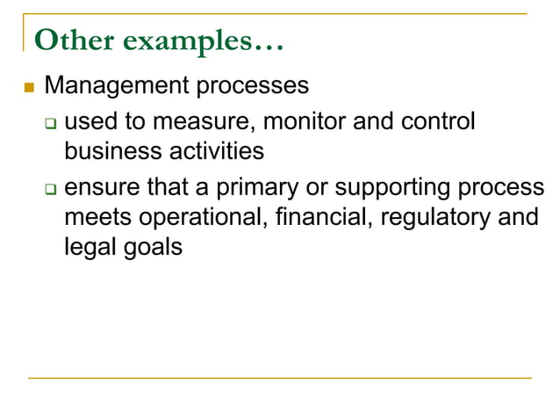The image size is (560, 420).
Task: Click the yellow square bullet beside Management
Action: (28, 87)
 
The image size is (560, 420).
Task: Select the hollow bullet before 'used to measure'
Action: (51, 121)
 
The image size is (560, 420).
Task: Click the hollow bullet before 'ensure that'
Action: (51, 188)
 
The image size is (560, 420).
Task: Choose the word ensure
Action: (101, 188)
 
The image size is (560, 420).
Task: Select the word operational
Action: (197, 217)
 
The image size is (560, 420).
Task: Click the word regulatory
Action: (426, 217)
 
